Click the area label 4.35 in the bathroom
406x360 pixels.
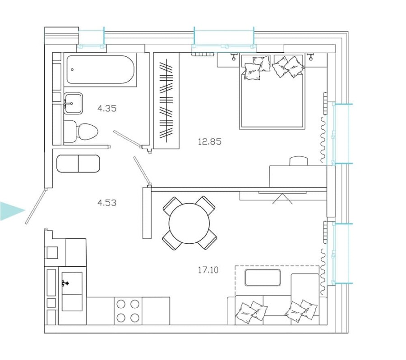pos(107,108)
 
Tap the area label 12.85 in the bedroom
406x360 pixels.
pos(210,141)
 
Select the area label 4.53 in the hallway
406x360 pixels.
pos(107,203)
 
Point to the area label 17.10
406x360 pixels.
pos(208,270)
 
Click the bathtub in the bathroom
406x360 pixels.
pos(100,69)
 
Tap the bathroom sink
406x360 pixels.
pos(73,104)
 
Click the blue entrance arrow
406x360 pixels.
pos(11,211)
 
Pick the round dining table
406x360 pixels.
pos(189,223)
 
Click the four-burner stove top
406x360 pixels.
pos(128,310)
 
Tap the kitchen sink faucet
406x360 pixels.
pos(65,283)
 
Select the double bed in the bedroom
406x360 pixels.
pos(272,92)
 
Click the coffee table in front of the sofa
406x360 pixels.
pos(263,277)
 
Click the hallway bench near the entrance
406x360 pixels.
pos(78,164)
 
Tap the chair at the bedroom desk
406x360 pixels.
pos(298,161)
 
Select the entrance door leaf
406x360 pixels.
pos(36,206)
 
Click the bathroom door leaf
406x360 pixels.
pos(128,139)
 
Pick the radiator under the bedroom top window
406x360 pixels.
pos(203,55)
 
